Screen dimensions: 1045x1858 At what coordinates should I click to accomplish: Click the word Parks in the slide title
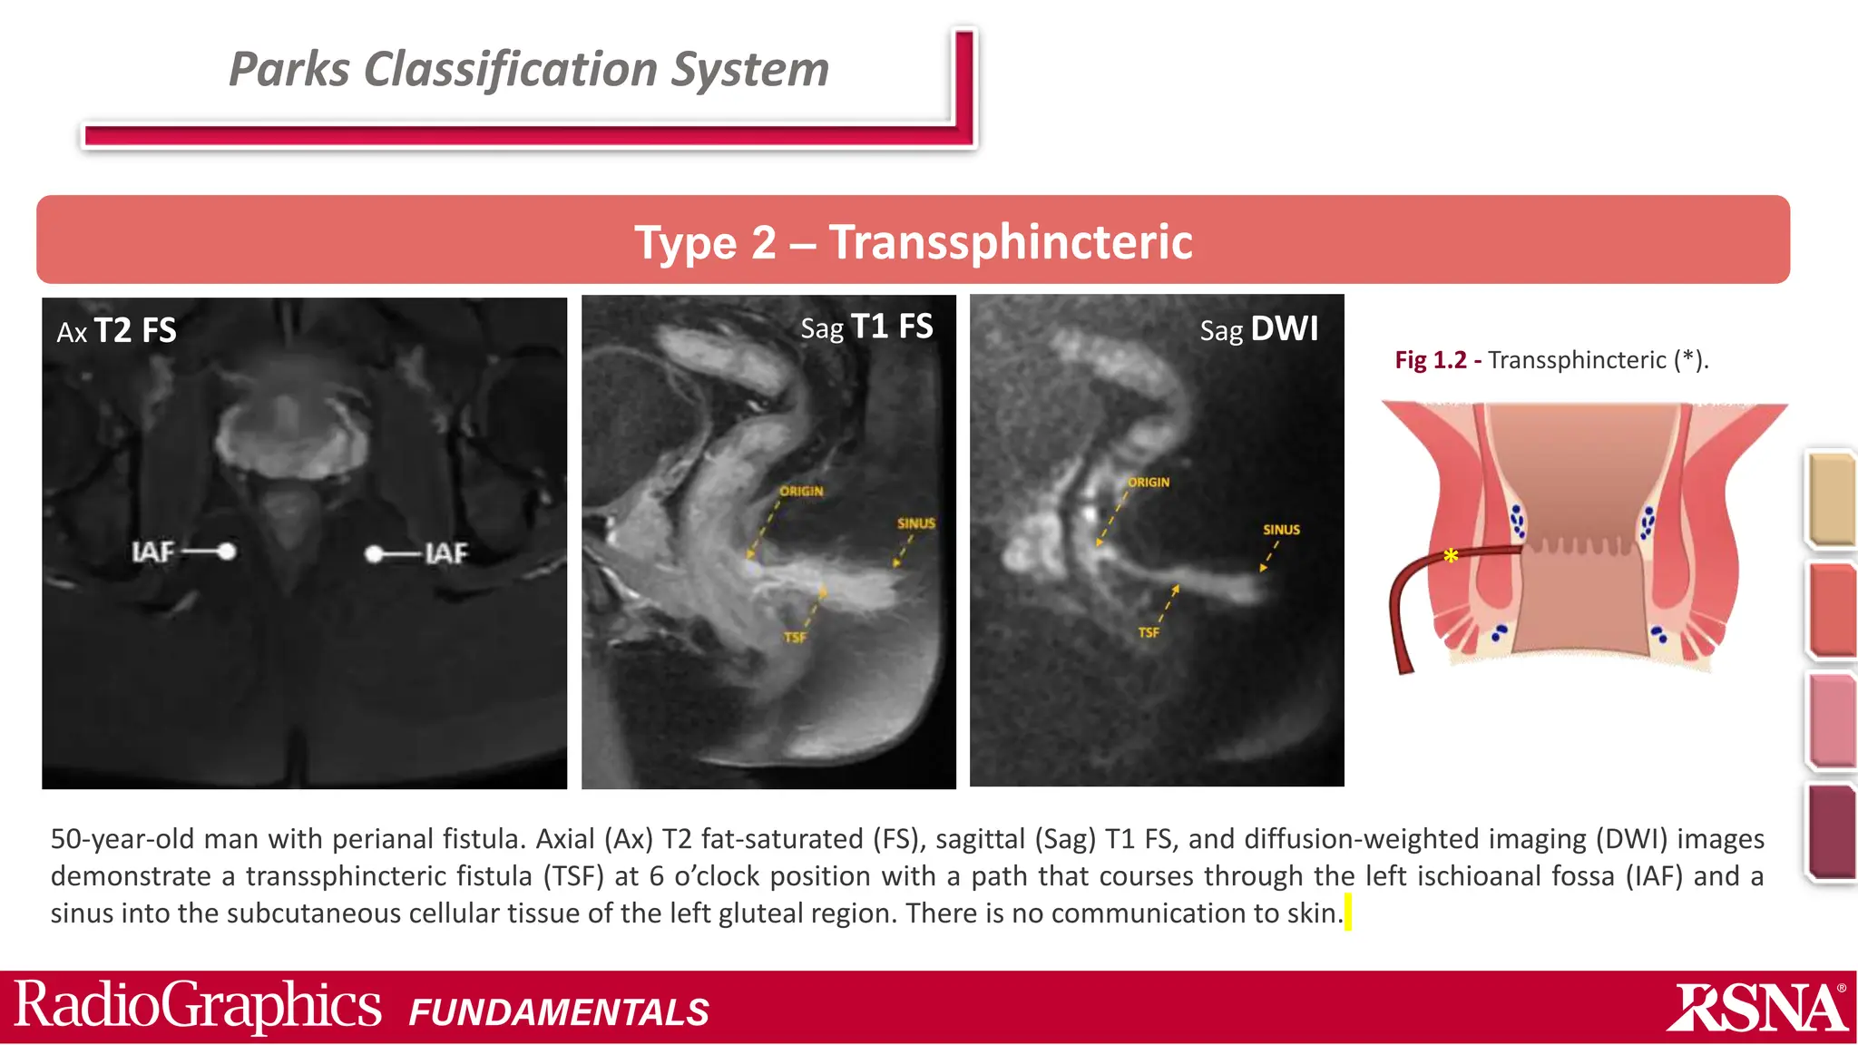[289, 69]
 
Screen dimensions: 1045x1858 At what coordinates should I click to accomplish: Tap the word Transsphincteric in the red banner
[1010, 242]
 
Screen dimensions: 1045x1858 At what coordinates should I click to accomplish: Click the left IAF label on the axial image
[152, 552]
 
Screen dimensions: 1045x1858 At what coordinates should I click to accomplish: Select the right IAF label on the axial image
[446, 553]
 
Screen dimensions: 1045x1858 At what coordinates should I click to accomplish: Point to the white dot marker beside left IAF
[227, 551]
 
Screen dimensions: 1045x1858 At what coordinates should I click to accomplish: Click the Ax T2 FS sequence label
[116, 331]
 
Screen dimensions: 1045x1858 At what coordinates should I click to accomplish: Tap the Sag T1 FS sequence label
[866, 327]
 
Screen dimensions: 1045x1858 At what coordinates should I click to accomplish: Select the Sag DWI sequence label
[1258, 329]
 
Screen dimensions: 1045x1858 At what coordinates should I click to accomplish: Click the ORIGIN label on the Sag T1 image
[801, 492]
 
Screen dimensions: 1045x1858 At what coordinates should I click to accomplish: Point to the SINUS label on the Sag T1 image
[915, 523]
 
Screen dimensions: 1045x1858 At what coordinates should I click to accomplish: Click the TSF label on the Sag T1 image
[795, 638]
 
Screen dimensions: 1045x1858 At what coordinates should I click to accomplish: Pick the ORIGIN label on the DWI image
[1149, 483]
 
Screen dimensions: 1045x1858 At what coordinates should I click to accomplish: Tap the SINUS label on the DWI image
[1281, 530]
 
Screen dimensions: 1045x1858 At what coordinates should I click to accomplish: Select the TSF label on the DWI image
[1149, 632]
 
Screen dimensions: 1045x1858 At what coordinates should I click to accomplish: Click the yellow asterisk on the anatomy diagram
[1451, 556]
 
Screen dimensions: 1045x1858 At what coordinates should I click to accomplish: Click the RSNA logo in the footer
[1756, 1008]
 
